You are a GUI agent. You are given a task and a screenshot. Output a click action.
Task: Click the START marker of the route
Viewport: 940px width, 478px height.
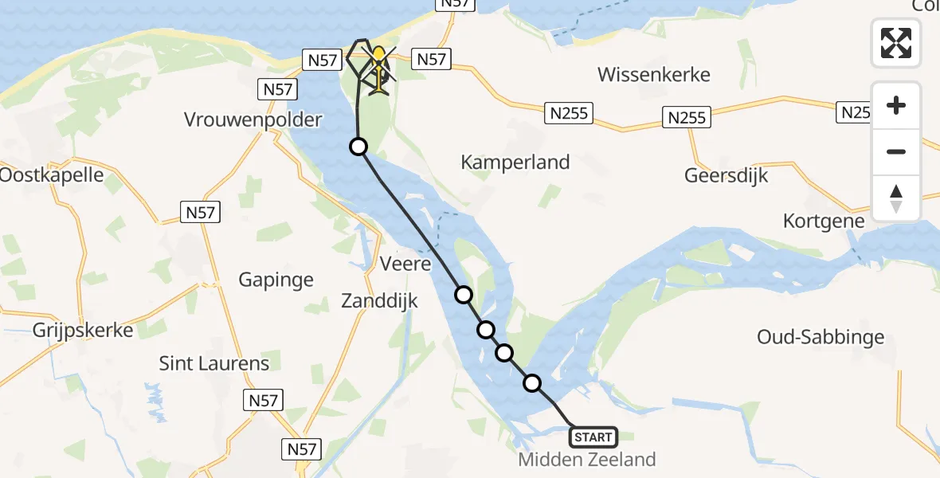(593, 437)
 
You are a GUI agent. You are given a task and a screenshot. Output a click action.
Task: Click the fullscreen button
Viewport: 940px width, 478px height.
(896, 43)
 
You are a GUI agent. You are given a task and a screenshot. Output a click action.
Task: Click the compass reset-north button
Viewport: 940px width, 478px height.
(896, 198)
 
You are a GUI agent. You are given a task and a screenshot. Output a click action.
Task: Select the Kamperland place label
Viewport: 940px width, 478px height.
(515, 163)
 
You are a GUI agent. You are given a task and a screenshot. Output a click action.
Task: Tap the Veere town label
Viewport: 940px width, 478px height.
(405, 264)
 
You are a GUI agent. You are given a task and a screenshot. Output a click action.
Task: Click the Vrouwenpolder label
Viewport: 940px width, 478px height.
(253, 120)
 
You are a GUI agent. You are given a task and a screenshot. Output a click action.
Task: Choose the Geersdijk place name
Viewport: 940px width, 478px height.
(726, 175)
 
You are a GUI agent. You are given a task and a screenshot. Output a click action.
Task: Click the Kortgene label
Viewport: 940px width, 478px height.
(824, 221)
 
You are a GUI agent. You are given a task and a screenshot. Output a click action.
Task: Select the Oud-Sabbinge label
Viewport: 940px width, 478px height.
(821, 337)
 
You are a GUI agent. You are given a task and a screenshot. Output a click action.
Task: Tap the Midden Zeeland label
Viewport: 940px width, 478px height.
(587, 460)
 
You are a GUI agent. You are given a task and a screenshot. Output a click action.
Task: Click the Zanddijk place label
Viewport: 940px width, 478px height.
(379, 301)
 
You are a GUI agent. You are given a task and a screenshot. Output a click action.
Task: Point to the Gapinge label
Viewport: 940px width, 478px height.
(276, 280)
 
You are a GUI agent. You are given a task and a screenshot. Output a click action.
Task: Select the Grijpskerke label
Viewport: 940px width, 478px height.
(83, 330)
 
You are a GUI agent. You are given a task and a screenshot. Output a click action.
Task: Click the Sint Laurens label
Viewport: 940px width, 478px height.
(214, 364)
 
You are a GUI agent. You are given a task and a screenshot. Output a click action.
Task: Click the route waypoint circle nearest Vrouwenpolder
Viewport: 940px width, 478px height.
(358, 147)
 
